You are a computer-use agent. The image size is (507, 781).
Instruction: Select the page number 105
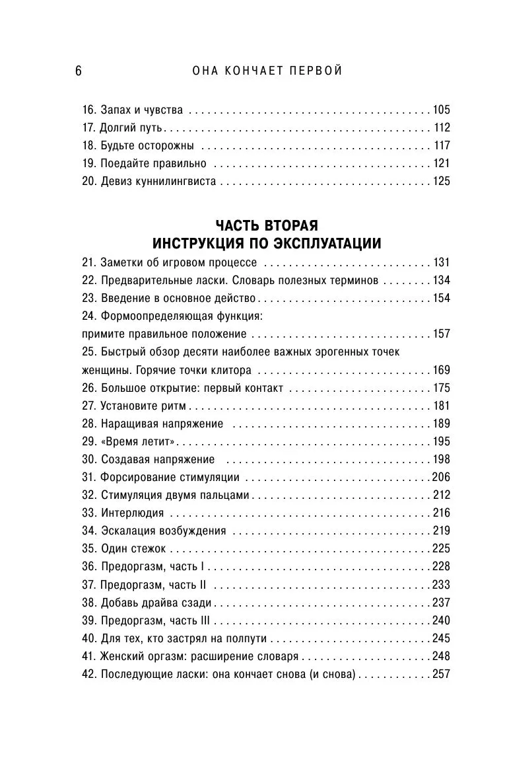click(x=440, y=110)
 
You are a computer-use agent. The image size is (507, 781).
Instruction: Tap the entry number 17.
click(x=88, y=128)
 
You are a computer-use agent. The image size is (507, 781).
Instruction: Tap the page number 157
click(x=440, y=334)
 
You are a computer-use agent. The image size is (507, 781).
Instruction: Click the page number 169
click(x=440, y=369)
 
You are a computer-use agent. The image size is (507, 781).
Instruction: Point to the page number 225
click(x=440, y=548)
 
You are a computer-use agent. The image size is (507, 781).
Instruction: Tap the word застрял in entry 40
click(x=178, y=638)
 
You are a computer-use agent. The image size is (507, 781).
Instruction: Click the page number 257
click(x=440, y=674)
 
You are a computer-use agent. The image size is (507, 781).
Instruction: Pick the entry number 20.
click(x=89, y=181)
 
